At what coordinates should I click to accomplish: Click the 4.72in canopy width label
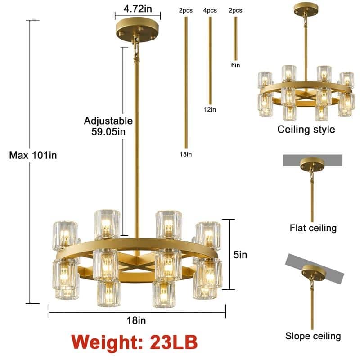point(138,9)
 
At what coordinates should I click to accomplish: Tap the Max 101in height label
point(33,155)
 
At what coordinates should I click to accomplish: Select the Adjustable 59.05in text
point(108,126)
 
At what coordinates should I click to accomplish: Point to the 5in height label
point(240,255)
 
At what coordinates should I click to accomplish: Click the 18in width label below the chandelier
point(136,320)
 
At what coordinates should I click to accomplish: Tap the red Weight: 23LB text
point(134,342)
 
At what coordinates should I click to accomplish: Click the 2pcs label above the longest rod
point(186,10)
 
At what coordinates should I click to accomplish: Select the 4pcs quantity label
point(210,10)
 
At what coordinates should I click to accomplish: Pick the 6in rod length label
point(235,65)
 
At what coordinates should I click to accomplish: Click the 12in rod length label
point(210,109)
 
